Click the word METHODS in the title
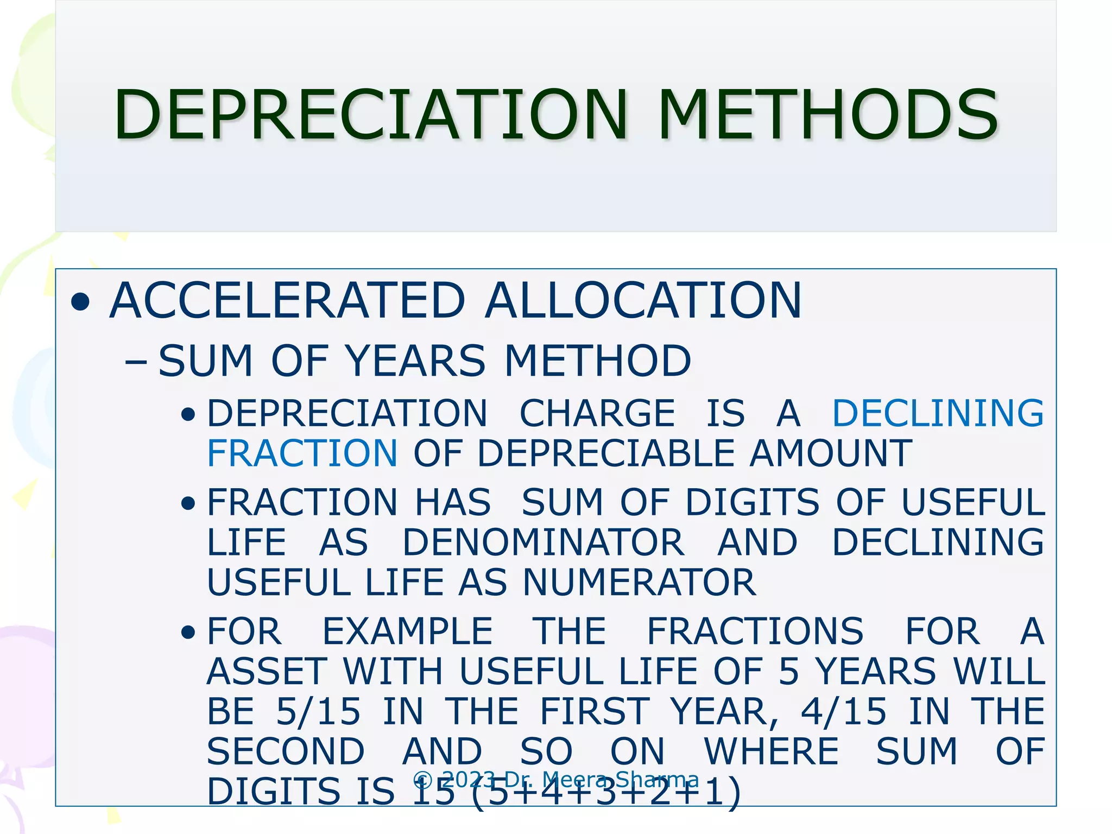coord(827,115)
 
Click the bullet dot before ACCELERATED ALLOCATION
coord(80,302)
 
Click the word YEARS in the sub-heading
coord(415,361)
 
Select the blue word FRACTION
coord(302,453)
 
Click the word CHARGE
coord(597,413)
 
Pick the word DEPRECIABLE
coord(606,453)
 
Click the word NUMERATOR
coord(639,582)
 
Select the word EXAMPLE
coord(408,631)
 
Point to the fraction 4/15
coord(844,711)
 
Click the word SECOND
coord(286,751)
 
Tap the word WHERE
coord(772,751)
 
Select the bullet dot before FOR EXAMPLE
coord(188,633)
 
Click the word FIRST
coord(595,711)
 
